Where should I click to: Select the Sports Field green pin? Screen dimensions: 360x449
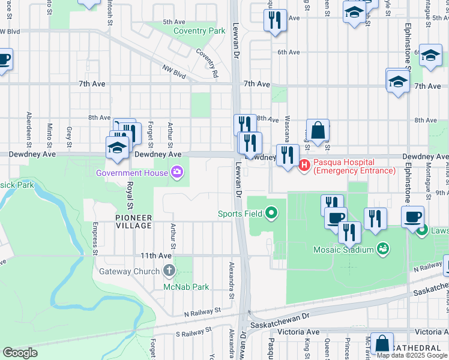272,212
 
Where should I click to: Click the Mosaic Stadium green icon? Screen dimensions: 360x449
382,248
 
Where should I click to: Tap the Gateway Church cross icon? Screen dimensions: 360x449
169,271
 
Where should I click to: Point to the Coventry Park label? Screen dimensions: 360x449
199,31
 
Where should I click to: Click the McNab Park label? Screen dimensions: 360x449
186,287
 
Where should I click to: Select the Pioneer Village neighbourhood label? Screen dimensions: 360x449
134,221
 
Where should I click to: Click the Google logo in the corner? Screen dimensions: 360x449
20,352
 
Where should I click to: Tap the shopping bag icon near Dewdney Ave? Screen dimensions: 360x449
318,130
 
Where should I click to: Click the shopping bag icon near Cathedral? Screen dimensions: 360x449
382,343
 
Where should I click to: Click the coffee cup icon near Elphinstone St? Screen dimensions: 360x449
412,217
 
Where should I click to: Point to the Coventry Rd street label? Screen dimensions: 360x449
206,62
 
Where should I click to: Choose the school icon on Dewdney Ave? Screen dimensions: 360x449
117,148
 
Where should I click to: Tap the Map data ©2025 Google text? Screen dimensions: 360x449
412,355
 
